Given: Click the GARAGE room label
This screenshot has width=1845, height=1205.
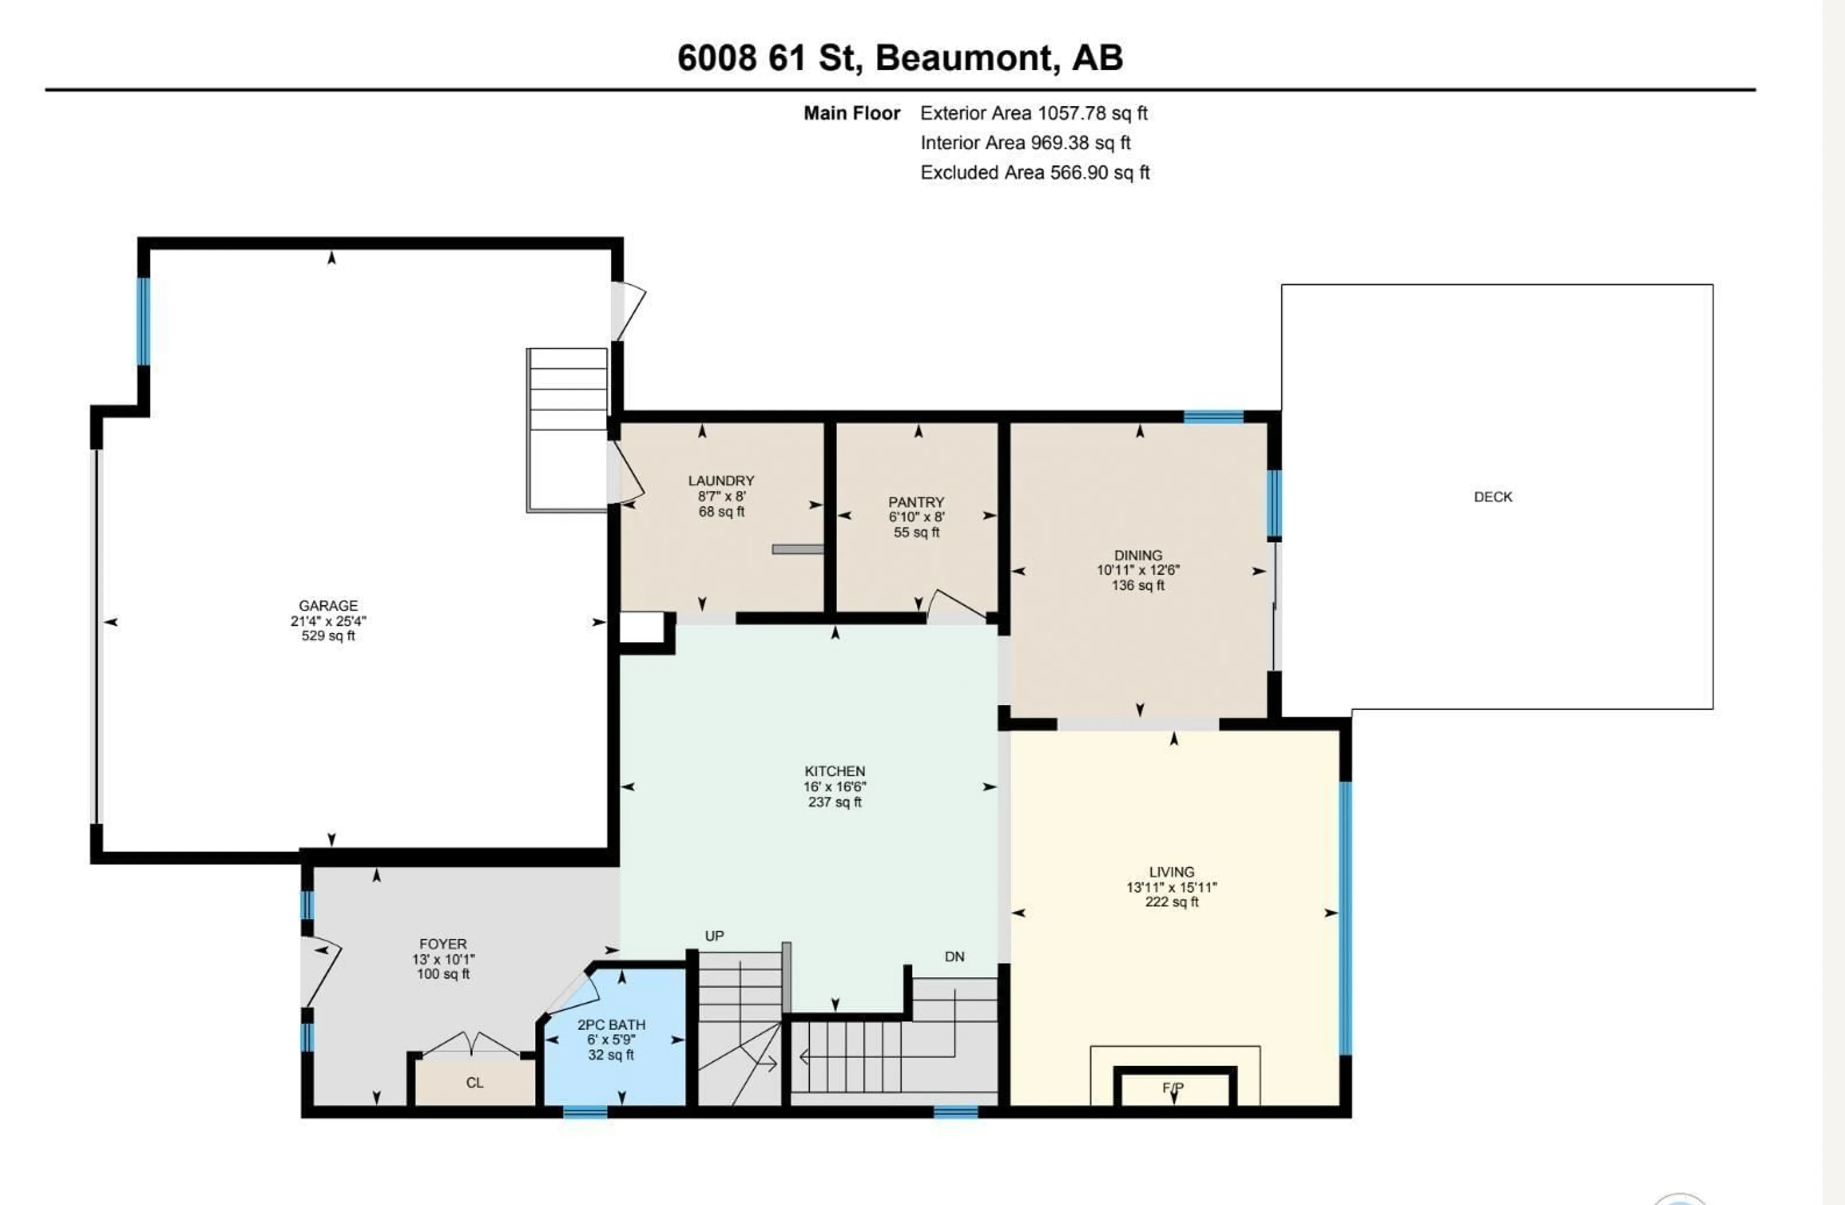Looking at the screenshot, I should pyautogui.click(x=328, y=605).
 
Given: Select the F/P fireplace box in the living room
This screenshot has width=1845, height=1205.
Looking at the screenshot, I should pyautogui.click(x=1174, y=1088).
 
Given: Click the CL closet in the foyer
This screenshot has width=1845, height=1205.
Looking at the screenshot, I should pyautogui.click(x=474, y=1082).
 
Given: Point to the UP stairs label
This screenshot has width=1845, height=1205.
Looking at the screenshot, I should pyautogui.click(x=714, y=936).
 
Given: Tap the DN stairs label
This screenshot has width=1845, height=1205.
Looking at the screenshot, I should pyautogui.click(x=954, y=957).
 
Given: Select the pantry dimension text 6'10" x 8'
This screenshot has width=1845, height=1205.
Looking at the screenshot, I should pyautogui.click(x=916, y=517).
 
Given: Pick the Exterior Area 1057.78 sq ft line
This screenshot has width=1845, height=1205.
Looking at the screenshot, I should pyautogui.click(x=1033, y=113).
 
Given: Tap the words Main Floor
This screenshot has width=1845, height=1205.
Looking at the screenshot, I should pyautogui.click(x=851, y=113).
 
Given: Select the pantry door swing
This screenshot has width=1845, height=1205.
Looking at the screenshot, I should pyautogui.click(x=955, y=605).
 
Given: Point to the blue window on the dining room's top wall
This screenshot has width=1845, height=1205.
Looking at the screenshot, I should pyautogui.click(x=1213, y=417).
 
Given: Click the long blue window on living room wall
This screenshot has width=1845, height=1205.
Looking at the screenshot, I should pyautogui.click(x=1346, y=918).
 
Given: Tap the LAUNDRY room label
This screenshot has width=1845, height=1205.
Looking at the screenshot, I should pyautogui.click(x=721, y=481).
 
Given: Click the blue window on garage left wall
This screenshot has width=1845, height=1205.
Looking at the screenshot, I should pyautogui.click(x=143, y=320).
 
